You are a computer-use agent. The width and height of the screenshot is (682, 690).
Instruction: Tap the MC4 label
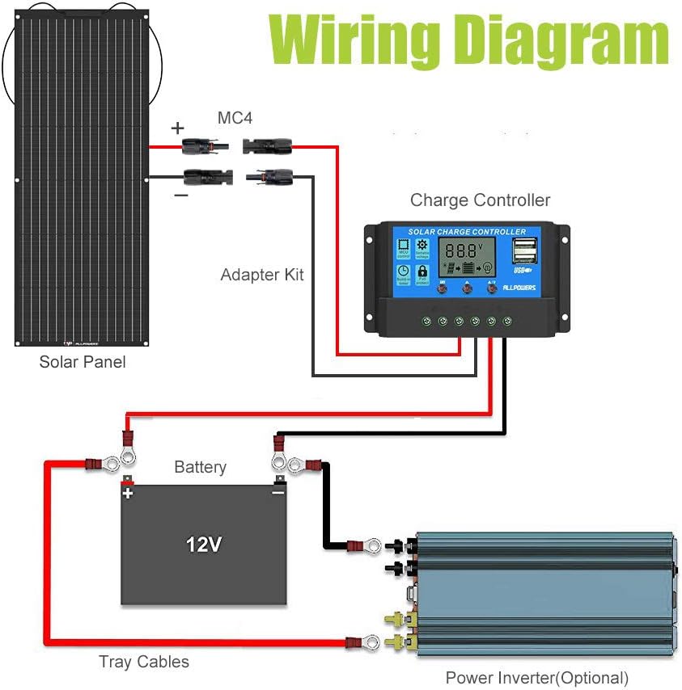tap(235, 118)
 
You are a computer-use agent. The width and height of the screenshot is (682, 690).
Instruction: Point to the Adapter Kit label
tap(262, 275)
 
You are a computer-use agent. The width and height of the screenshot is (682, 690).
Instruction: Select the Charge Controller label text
tap(480, 200)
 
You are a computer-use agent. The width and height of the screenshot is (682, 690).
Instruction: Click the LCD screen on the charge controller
tap(467, 256)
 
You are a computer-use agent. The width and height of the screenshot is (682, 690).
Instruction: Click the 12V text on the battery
tap(204, 545)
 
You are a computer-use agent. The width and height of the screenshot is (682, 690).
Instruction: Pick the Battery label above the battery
tap(200, 467)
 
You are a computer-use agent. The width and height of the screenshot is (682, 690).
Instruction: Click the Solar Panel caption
tap(83, 362)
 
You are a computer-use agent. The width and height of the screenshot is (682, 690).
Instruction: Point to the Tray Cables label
tap(144, 662)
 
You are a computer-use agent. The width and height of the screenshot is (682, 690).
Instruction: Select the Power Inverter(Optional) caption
tap(536, 678)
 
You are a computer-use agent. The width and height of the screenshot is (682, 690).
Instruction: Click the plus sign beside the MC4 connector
tap(177, 128)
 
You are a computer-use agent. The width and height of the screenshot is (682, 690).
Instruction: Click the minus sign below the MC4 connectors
tap(180, 195)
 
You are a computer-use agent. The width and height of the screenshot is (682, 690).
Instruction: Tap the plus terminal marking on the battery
tap(127, 492)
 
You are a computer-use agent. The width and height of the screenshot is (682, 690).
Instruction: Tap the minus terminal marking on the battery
tap(277, 492)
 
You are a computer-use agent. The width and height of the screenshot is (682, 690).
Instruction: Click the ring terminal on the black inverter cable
tap(371, 546)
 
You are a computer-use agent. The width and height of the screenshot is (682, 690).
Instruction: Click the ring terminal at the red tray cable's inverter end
tap(370, 643)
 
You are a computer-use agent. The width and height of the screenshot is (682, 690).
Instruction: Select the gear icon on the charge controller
tap(421, 245)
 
